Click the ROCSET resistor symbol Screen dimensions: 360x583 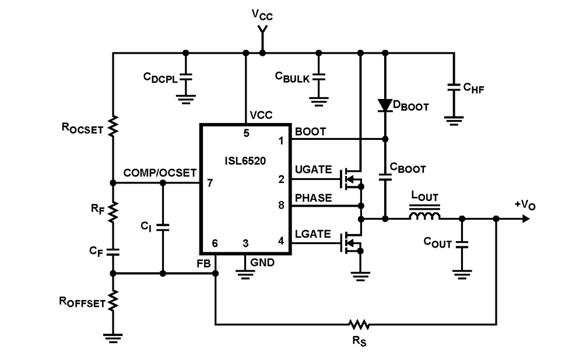pos(113,125)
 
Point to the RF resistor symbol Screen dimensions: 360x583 pos(113,209)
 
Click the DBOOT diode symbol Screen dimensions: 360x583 pos(385,105)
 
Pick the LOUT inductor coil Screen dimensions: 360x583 pos(424,218)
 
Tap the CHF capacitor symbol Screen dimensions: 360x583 pos(454,87)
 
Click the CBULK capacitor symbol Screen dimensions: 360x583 pos(318,76)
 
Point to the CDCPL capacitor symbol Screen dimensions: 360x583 pos(185,76)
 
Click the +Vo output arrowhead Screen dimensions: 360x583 pos(526,219)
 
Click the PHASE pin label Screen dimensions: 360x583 pos(313,198)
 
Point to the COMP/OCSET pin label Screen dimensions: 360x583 pos(160,173)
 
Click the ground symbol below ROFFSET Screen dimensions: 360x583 pos(113,336)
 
